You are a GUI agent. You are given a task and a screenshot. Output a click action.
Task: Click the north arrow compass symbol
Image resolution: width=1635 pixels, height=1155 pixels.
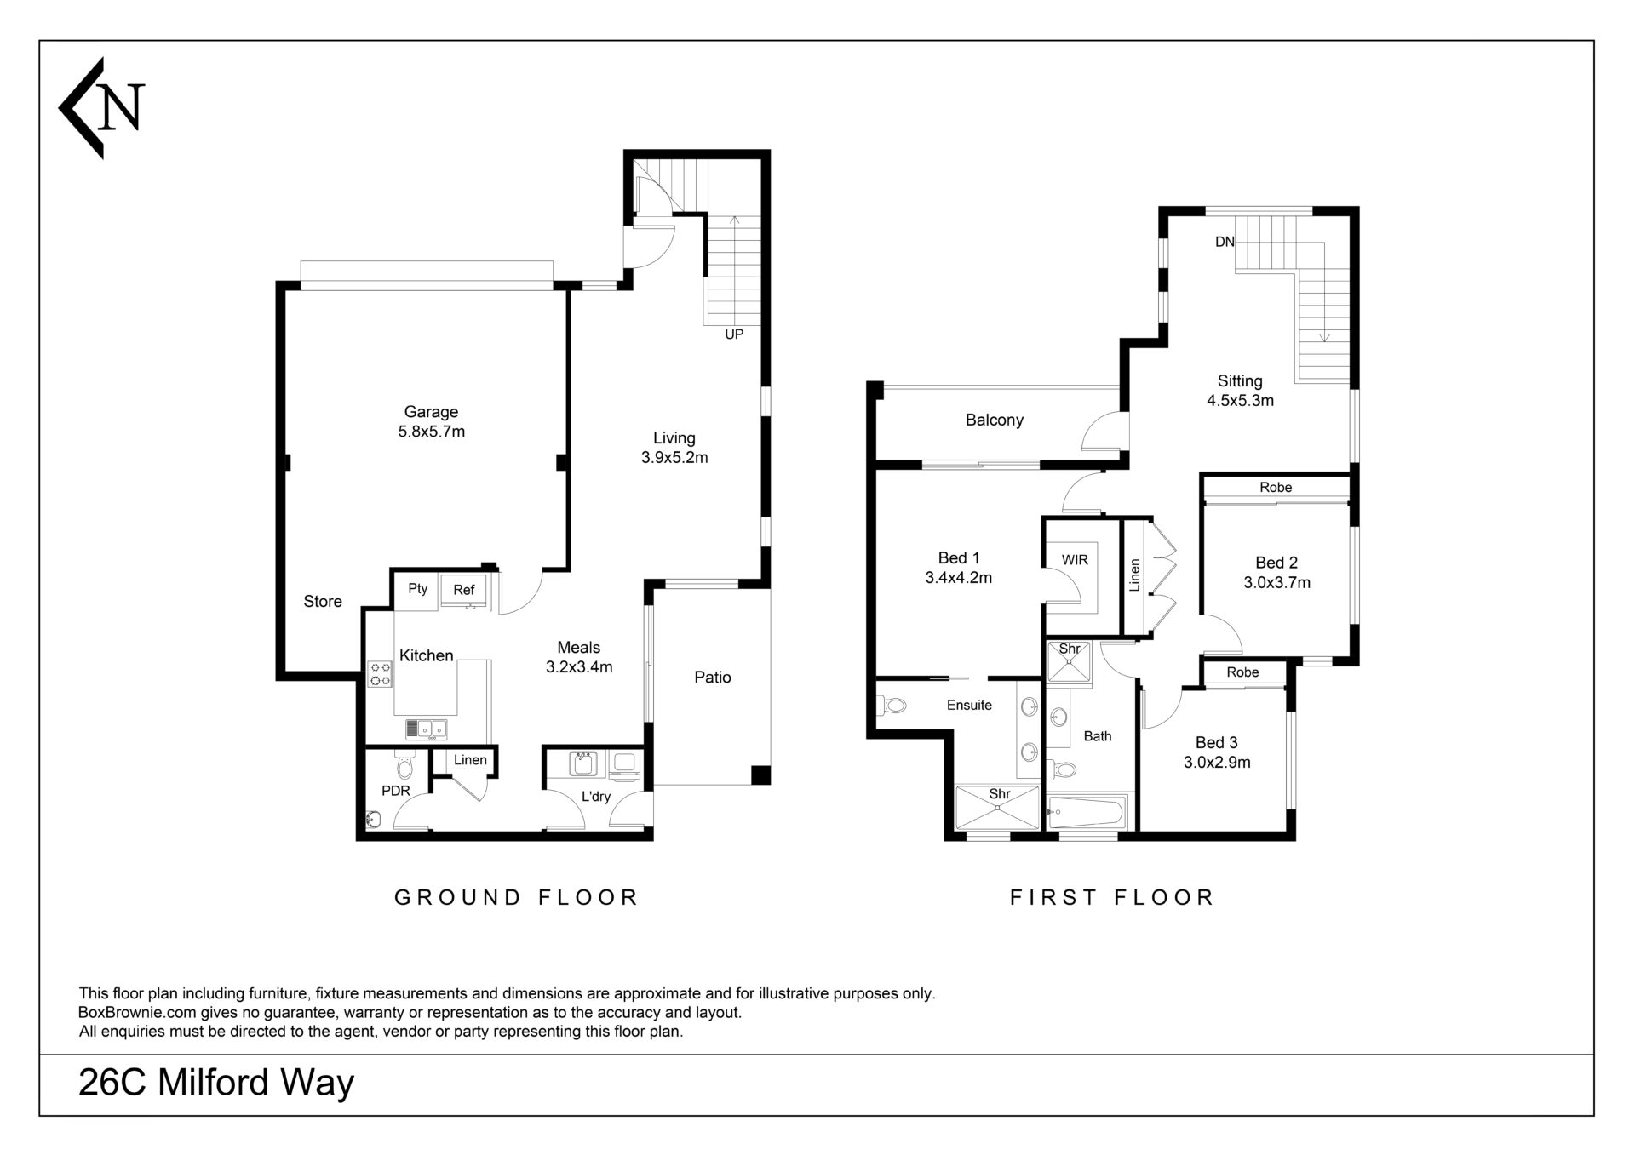101,108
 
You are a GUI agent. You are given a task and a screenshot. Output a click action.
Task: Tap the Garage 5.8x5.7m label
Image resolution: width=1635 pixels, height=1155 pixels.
431,421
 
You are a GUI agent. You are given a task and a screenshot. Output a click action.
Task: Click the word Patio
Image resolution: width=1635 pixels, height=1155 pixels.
713,678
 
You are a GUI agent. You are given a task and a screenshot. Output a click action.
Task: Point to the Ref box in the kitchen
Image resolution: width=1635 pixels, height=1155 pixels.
463,590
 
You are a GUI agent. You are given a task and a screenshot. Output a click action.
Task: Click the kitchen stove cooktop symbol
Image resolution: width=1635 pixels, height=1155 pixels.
380,674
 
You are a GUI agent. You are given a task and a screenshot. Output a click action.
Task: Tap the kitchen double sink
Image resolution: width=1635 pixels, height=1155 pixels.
427,729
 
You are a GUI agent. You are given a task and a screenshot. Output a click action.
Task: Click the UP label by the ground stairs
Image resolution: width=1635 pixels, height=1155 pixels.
734,334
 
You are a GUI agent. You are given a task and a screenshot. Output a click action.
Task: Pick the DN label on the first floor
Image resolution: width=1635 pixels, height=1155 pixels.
1225,242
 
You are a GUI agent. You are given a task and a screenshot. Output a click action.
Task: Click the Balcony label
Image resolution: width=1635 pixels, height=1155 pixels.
995,420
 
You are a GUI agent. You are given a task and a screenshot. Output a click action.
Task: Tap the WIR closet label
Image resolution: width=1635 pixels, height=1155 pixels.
1075,560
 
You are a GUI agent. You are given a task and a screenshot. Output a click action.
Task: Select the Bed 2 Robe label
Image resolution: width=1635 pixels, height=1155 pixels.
1276,487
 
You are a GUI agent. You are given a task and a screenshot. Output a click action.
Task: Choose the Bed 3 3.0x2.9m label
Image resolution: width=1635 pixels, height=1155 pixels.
1217,752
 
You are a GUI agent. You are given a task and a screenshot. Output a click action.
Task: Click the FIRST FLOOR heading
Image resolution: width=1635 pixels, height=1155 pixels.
1111,897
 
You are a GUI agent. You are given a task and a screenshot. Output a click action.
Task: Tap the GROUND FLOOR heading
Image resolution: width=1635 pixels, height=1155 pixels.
516,897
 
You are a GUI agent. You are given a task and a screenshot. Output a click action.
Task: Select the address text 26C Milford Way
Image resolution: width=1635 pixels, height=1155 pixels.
216,1083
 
